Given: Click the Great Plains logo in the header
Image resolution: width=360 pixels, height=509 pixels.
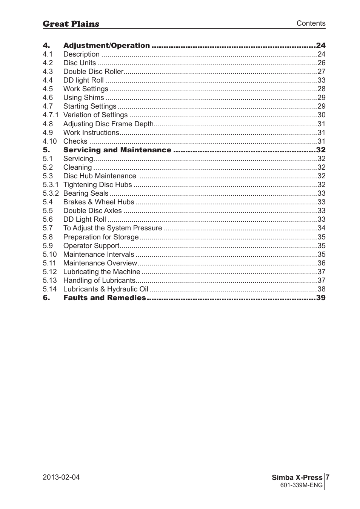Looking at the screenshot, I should pos(71,24).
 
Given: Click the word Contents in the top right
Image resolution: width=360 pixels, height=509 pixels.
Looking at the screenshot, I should pos(311,23).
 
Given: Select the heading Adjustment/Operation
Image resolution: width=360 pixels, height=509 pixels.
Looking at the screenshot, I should pos(106,46).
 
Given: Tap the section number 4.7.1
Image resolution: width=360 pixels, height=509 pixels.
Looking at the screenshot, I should pos(51,115).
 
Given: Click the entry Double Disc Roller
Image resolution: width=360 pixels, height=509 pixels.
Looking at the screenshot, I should pos(93,72).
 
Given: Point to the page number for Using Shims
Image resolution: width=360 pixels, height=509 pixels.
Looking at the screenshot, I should pos(321,98).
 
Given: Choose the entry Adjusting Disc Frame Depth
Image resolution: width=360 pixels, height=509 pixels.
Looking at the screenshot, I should pos(108,124).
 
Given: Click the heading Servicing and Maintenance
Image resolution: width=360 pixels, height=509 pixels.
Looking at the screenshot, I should pos(117,150).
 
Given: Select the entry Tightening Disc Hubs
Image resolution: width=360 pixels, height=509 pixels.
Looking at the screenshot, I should pos(97,185).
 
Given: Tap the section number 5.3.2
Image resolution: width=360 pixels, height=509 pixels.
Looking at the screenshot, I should pos(51,193).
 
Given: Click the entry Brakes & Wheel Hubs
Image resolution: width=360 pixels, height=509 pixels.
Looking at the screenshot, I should pos(98,202).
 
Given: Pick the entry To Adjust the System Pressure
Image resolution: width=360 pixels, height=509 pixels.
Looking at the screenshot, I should pos(112,228).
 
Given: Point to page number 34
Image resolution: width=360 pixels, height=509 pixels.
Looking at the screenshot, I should pos(321,228).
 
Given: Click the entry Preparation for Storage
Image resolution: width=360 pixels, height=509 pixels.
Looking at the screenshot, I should pos(101,237).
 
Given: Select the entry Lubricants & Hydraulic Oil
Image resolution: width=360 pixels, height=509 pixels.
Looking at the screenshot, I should pos(106,289).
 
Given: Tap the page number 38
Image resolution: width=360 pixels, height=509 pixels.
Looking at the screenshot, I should pos(321,289).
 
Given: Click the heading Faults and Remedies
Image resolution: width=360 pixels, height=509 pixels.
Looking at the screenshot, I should pos(104,298).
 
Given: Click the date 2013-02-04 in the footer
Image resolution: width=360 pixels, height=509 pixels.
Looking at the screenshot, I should pos(61,477).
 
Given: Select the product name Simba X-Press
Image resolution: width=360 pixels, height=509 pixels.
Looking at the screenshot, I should pos(297,478).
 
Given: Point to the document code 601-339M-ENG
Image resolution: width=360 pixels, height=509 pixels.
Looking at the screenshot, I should pos(301,485).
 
